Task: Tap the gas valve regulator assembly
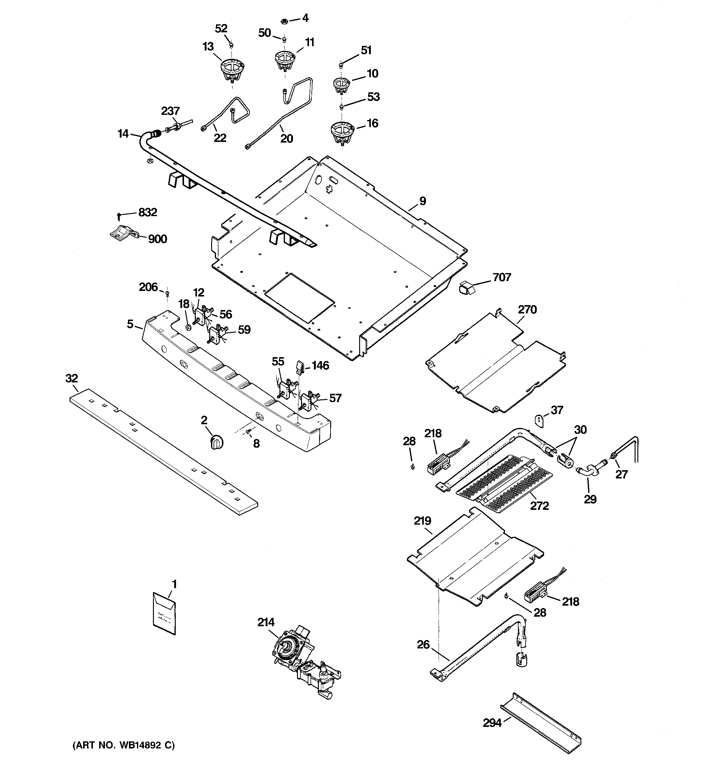click(303, 665)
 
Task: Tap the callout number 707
click(501, 277)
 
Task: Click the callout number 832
click(147, 212)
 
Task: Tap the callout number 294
click(492, 723)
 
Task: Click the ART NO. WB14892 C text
click(123, 745)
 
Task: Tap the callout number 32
click(72, 379)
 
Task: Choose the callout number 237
click(170, 111)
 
